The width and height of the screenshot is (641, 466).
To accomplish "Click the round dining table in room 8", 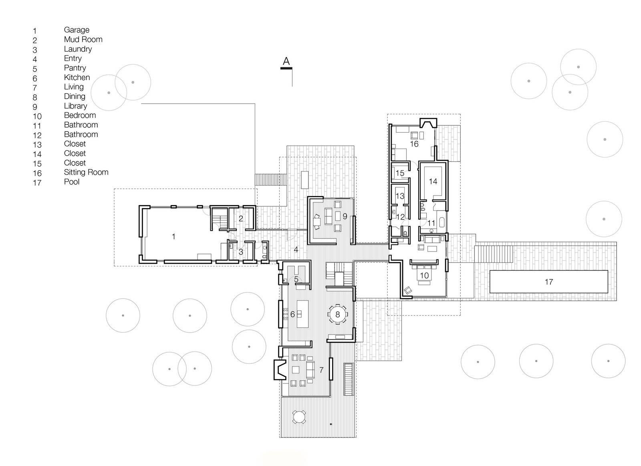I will pos(337,314).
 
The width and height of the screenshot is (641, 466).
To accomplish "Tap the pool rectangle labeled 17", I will pos(548,282).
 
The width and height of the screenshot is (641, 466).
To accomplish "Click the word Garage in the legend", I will pos(77,30).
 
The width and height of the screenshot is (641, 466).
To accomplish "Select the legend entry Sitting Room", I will pos(86,172).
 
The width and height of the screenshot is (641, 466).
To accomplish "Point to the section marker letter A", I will pos(286,61).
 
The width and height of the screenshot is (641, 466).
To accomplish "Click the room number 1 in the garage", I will pos(173,237).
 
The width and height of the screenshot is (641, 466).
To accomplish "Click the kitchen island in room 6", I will pos(303,314).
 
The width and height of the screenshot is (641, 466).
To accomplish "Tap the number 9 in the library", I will pos(345,216).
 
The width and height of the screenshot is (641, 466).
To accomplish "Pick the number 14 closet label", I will pos(433,182).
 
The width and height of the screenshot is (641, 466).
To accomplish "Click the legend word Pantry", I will pos(75,68).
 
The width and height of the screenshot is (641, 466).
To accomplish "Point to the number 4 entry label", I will pos(296,250).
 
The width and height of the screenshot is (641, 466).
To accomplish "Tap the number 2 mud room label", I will pos(241,219).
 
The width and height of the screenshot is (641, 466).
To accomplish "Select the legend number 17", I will pos(37,183).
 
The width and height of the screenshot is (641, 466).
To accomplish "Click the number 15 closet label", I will pos(400,173).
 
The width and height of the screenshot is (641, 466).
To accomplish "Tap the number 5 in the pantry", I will pos(296,279).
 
